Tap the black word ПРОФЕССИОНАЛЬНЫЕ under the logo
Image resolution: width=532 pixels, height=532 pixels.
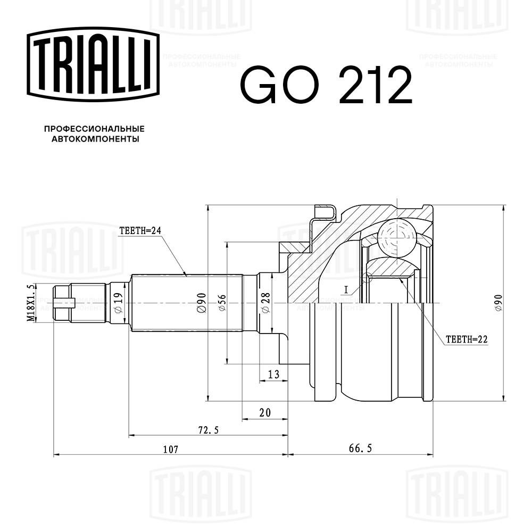94,129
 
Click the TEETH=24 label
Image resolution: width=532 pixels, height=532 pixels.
139,231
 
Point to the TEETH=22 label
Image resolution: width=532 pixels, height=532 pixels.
467,339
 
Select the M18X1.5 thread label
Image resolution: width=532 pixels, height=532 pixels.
31,302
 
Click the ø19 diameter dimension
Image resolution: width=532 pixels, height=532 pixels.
118,302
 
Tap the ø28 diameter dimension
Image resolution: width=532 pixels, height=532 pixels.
264,303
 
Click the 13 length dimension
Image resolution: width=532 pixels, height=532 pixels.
273,375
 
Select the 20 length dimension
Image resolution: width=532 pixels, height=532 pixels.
264,412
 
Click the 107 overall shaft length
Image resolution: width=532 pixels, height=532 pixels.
170,450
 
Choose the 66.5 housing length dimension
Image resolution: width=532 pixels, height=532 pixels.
360,450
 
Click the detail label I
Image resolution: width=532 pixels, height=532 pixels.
346,290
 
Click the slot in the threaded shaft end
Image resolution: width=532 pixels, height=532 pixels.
70,303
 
